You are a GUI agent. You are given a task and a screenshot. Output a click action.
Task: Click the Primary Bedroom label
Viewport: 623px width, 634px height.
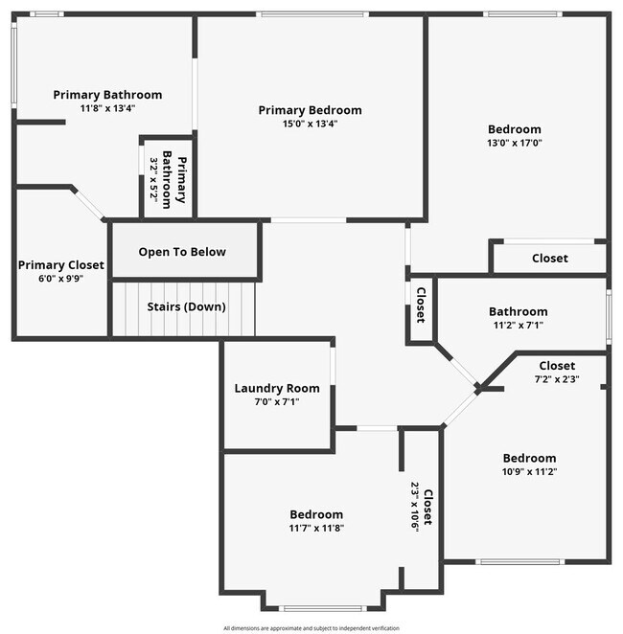tap(310, 110)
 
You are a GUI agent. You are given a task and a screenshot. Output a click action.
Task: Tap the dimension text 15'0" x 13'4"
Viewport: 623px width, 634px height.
tap(310, 124)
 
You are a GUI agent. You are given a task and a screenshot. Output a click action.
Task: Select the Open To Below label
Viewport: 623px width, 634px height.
tap(182, 252)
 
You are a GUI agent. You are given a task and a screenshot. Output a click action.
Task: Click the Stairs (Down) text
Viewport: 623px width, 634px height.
tap(186, 307)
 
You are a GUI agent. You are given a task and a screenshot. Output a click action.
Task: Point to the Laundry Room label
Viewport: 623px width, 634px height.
tap(277, 388)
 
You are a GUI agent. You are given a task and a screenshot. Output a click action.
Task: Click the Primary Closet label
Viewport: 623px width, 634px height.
tap(60, 265)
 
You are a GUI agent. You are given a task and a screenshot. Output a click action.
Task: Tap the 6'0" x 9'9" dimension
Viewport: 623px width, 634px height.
tap(60, 279)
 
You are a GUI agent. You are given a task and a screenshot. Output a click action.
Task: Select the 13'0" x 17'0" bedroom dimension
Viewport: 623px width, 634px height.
tap(514, 143)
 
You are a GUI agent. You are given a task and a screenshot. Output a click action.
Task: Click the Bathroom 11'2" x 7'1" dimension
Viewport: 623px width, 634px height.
tap(518, 325)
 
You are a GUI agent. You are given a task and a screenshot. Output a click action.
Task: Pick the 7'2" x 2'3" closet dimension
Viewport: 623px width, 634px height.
tap(556, 378)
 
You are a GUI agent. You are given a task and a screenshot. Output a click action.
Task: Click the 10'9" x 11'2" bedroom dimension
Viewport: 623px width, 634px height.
tap(529, 471)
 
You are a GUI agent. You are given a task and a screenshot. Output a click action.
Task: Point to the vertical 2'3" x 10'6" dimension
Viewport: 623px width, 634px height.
tap(414, 513)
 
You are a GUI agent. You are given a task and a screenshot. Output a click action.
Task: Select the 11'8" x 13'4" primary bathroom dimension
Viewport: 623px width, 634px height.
tap(107, 108)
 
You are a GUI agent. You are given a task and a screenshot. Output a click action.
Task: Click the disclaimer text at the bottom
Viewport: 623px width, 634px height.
tap(311, 628)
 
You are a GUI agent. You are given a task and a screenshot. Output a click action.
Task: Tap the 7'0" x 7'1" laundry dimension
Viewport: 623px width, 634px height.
tap(277, 401)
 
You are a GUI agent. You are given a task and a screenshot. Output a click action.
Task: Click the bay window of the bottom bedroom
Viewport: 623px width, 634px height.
tap(322, 607)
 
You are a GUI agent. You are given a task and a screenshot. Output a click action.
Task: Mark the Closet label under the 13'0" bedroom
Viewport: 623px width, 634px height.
tap(549, 258)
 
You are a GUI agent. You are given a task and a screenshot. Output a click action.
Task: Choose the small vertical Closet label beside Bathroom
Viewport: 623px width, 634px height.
tap(420, 304)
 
